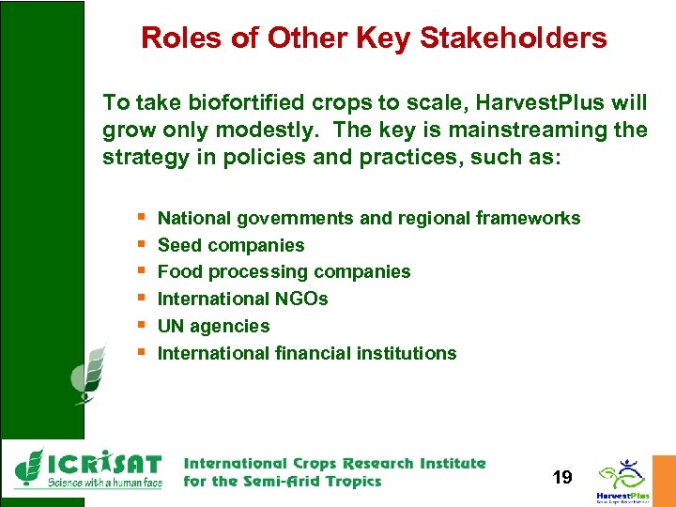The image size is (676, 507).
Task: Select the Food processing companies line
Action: click(x=284, y=272)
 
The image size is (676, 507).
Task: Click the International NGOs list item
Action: click(x=242, y=300)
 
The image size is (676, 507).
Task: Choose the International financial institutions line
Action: click(x=306, y=354)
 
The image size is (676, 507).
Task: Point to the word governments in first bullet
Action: click(x=295, y=219)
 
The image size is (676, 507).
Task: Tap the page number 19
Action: click(x=562, y=478)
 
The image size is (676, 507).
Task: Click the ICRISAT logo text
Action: click(x=103, y=464)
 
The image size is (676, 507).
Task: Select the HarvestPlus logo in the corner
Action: click(x=622, y=479)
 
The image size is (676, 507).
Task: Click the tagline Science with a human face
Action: click(x=105, y=483)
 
